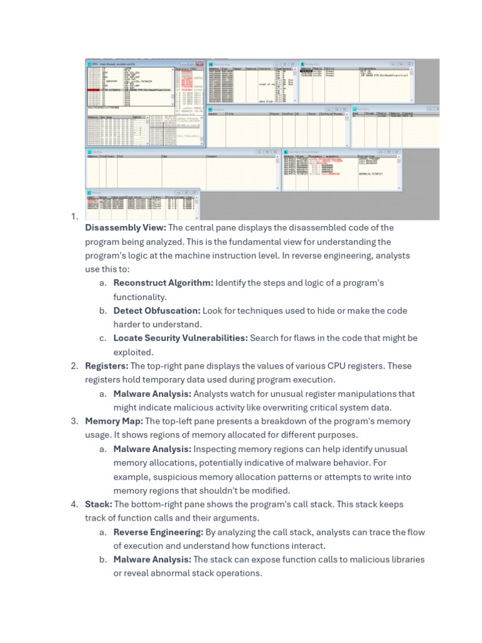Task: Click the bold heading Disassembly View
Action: (x=126, y=228)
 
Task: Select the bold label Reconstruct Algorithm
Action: (x=163, y=283)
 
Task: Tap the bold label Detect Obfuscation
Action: (x=157, y=311)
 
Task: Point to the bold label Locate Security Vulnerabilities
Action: (x=180, y=338)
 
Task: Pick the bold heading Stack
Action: (x=99, y=504)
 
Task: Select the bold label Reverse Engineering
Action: (x=158, y=532)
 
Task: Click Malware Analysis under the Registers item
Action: (x=153, y=394)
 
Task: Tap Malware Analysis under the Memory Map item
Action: (x=153, y=449)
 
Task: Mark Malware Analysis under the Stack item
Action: (x=153, y=559)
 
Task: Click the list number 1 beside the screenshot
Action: (x=74, y=217)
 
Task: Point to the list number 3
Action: (x=74, y=421)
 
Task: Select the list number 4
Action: (x=74, y=504)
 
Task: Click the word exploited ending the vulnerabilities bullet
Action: (x=133, y=352)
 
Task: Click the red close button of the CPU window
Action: (x=202, y=64)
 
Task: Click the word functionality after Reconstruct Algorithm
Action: (x=139, y=297)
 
